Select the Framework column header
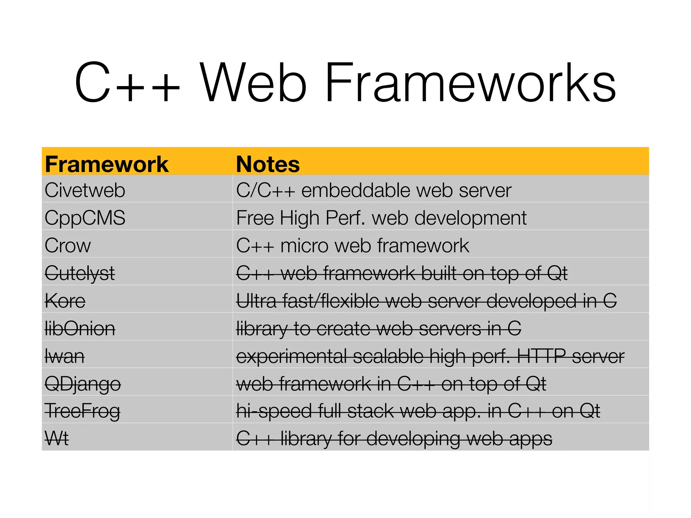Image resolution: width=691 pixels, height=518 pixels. (x=107, y=164)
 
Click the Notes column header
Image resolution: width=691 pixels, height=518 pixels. (x=268, y=164)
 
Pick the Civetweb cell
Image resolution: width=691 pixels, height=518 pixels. (x=85, y=190)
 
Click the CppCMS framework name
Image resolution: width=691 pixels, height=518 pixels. (x=85, y=218)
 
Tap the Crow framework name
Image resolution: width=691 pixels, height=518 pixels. (x=68, y=246)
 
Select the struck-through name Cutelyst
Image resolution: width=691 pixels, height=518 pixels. (x=80, y=273)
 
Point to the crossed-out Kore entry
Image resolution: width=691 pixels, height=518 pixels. (x=65, y=301)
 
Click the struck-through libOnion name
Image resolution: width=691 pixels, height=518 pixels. (x=80, y=328)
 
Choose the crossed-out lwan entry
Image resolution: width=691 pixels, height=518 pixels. (x=65, y=356)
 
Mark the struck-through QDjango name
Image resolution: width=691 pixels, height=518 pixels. (x=83, y=384)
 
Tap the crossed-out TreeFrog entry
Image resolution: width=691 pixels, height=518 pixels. (x=82, y=411)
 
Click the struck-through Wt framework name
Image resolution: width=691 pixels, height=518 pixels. (x=57, y=439)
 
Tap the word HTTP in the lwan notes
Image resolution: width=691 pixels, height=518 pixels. (x=541, y=356)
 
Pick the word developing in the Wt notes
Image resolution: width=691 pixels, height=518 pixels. (x=413, y=439)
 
